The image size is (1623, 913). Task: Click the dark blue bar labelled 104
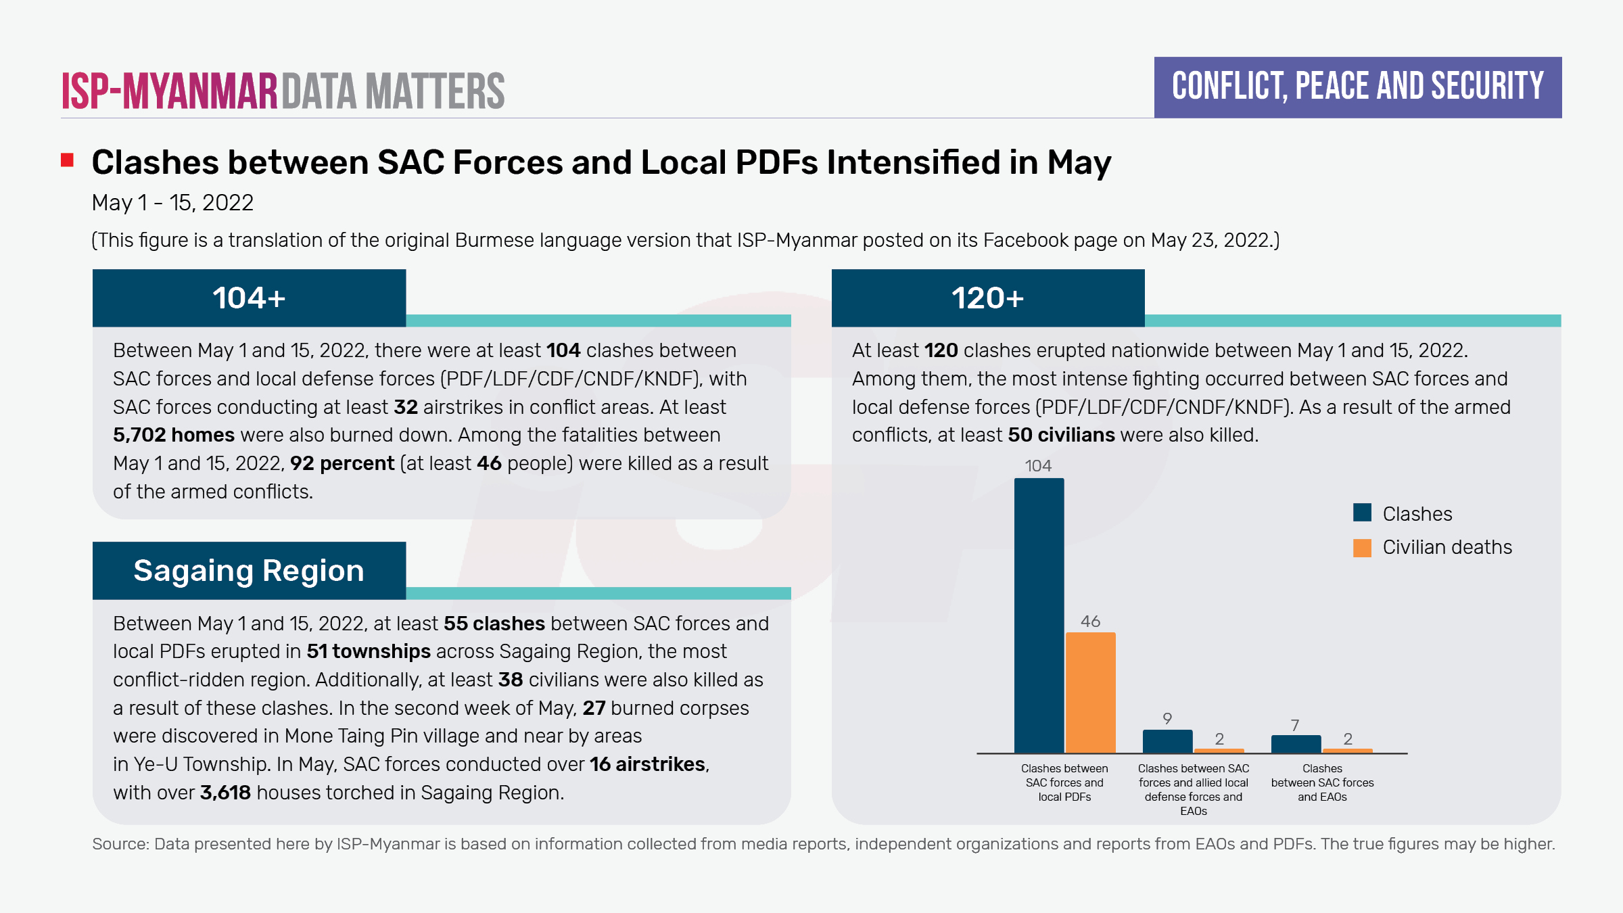click(x=1039, y=615)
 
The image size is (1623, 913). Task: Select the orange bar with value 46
click(x=1090, y=693)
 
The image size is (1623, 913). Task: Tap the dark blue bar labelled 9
click(x=1167, y=741)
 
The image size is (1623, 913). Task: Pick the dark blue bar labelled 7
click(x=1296, y=744)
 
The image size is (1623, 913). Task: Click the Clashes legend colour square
click(x=1362, y=513)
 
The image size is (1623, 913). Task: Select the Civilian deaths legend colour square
click(x=1362, y=547)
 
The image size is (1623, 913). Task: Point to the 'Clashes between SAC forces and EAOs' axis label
click(x=1322, y=782)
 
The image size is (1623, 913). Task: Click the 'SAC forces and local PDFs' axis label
click(x=1064, y=782)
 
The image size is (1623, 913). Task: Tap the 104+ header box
click(x=249, y=298)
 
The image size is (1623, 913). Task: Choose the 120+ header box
click(x=988, y=298)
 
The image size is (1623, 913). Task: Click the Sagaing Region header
click(x=249, y=571)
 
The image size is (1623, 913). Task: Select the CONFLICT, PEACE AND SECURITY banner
click(x=1358, y=87)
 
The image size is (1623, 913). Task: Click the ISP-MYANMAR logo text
click(x=170, y=91)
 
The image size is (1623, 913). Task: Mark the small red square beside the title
click(x=67, y=160)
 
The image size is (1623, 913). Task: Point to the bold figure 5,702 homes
click(x=174, y=435)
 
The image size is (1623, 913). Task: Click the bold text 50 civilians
click(x=1061, y=435)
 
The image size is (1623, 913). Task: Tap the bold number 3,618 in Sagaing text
click(x=225, y=793)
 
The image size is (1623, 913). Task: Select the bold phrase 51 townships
click(x=369, y=651)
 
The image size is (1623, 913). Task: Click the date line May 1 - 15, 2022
click(x=172, y=203)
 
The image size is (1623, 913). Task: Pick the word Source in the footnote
click(x=119, y=844)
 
